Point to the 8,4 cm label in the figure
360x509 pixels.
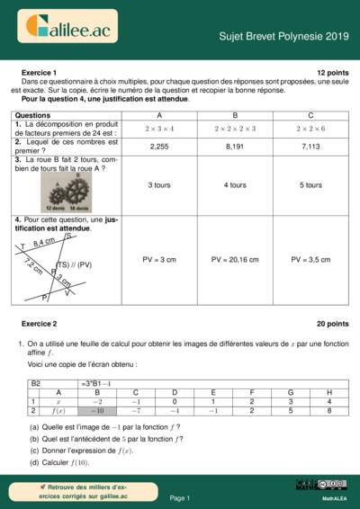coord(43,242)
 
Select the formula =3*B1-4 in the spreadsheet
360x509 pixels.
coord(95,382)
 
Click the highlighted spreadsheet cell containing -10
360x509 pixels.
coord(96,410)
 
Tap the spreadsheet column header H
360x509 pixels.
coord(329,392)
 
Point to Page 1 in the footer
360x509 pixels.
coord(179,497)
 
